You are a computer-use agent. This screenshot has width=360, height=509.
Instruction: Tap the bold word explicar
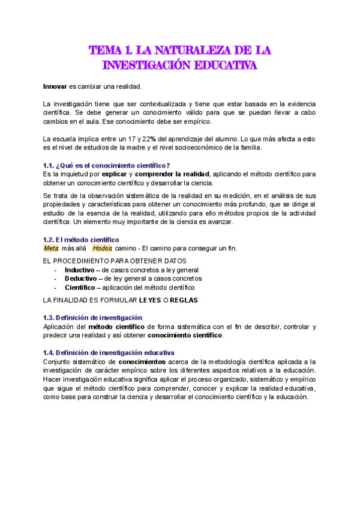click(124, 174)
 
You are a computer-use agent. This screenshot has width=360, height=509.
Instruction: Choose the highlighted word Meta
click(52, 248)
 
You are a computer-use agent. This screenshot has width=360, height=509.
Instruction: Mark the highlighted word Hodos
click(103, 248)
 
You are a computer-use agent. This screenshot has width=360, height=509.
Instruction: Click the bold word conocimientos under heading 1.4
click(142, 362)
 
